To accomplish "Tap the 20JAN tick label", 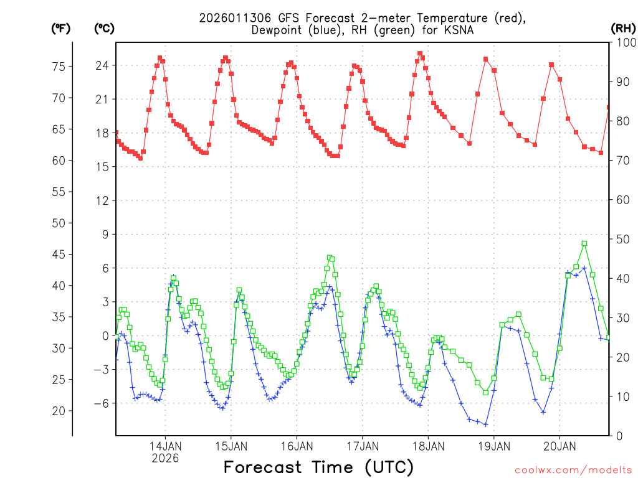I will coord(559,446).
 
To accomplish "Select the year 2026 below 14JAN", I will coord(165,457).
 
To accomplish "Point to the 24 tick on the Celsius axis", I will coord(102,65).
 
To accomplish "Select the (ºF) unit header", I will coord(60,28).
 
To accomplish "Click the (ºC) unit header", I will coord(104,28).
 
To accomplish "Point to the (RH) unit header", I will coord(623,28).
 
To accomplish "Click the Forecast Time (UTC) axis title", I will coord(318,467).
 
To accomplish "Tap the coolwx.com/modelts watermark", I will coord(573,469).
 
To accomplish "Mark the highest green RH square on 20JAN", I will coord(584,243).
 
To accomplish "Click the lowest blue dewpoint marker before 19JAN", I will coord(485,424).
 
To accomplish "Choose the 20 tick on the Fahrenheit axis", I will coord(60,411).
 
